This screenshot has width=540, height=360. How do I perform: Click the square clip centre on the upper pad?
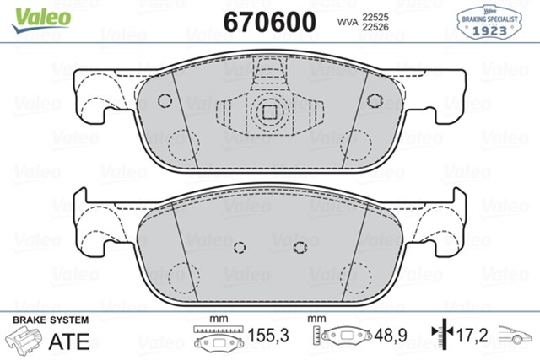click(270, 110)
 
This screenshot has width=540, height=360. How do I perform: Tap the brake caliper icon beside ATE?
click(28, 341)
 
